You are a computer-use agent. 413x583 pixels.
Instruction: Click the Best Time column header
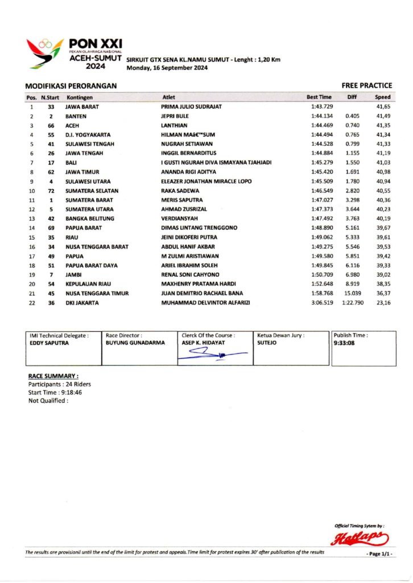pyautogui.click(x=319, y=97)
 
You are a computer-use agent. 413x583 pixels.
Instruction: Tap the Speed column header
pyautogui.click(x=383, y=97)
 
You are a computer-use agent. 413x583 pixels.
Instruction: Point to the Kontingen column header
pyautogui.click(x=79, y=97)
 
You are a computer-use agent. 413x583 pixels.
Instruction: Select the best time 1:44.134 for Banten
pyautogui.click(x=322, y=116)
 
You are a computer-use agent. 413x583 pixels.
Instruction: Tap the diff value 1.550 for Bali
pyautogui.click(x=352, y=162)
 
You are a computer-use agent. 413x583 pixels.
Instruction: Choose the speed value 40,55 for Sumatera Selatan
pyautogui.click(x=383, y=190)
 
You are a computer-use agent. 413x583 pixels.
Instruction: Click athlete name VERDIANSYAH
pyautogui.click(x=179, y=218)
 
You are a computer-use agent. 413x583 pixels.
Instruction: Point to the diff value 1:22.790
pyautogui.click(x=353, y=302)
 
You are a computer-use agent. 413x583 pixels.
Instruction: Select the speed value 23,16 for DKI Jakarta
pyautogui.click(x=383, y=302)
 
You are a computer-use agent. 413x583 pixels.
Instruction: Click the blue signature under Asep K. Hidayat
pyautogui.click(x=212, y=354)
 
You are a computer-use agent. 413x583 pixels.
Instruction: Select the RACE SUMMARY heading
pyautogui.click(x=53, y=376)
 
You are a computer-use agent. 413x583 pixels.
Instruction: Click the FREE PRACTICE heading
pyautogui.click(x=367, y=85)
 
